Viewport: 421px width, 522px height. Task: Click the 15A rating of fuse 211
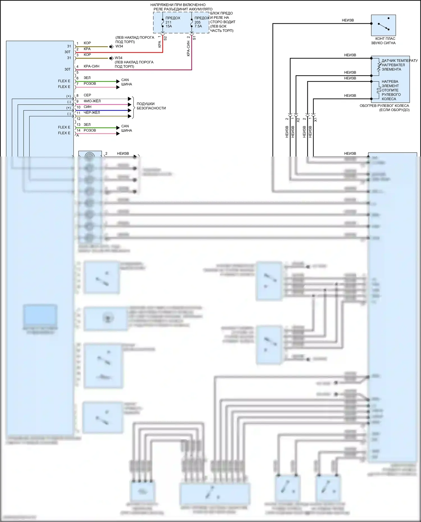pyautogui.click(x=169, y=26)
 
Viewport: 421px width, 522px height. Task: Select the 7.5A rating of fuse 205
pyautogui.click(x=198, y=26)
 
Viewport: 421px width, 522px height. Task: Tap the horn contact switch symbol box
pyautogui.click(x=383, y=25)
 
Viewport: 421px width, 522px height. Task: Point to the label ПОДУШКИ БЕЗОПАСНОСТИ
pyautogui.click(x=151, y=106)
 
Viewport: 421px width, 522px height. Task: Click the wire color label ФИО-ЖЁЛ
pyautogui.click(x=92, y=101)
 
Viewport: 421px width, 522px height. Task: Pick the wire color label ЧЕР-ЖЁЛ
pyautogui.click(x=91, y=112)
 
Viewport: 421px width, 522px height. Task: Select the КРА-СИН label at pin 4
pyautogui.click(x=91, y=66)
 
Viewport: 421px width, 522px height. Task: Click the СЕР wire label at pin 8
pyautogui.click(x=87, y=95)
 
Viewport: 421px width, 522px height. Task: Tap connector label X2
pyautogui.click(x=298, y=120)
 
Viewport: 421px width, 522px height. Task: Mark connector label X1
pyautogui.click(x=315, y=120)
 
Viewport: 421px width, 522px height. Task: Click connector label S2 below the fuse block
pyautogui.click(x=165, y=38)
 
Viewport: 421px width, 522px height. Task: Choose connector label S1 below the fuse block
pyautogui.click(x=194, y=38)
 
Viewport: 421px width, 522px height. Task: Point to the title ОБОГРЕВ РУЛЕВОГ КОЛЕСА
pyautogui.click(x=384, y=106)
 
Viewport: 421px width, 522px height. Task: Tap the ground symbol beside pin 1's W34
pyautogui.click(x=111, y=47)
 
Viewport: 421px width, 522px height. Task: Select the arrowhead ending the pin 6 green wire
pyautogui.click(x=118, y=81)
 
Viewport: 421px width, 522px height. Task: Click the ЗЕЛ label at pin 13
pyautogui.click(x=87, y=125)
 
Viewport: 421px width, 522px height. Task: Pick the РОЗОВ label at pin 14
pyautogui.click(x=90, y=130)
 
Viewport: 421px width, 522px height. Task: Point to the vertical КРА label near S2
pyautogui.click(x=159, y=44)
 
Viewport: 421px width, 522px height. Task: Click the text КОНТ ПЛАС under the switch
pyautogui.click(x=385, y=39)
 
